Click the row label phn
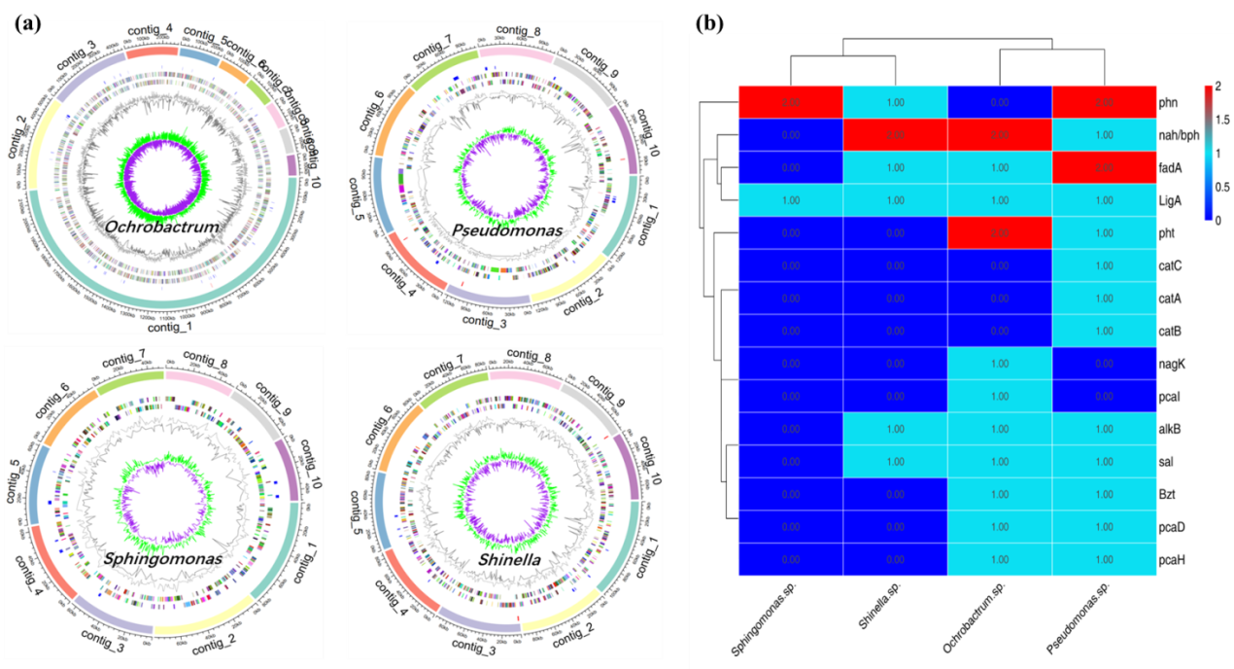(1167, 101)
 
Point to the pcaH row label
(1171, 559)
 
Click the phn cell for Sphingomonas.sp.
(790, 101)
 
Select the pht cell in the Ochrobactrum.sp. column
(999, 232)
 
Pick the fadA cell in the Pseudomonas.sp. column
(1103, 167)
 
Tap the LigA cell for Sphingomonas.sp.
(790, 199)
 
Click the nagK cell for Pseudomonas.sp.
(1103, 363)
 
